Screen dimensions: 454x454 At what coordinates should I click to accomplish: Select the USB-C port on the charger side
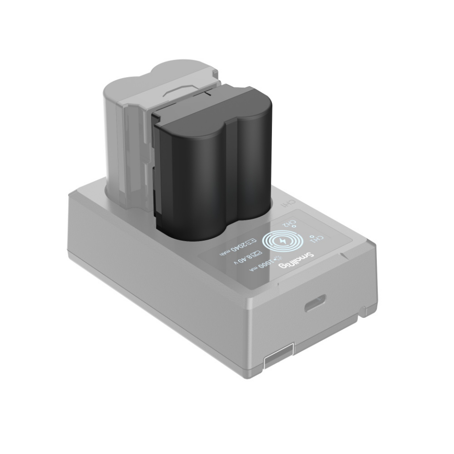(x=315, y=303)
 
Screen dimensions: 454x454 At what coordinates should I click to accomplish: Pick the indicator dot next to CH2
(x=294, y=228)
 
